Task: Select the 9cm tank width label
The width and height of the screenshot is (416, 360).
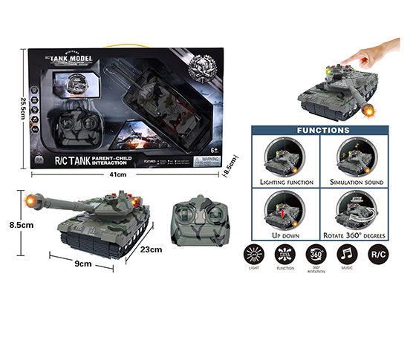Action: (82, 264)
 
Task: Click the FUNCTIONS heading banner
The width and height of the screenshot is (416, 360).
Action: (323, 130)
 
